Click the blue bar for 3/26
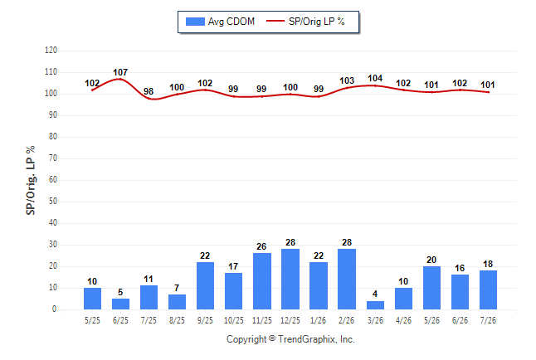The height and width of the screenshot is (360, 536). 375,305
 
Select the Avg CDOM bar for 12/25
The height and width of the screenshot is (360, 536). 290,279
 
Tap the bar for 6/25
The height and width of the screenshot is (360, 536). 120,304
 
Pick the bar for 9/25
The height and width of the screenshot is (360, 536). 206,285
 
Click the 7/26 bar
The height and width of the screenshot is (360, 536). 488,290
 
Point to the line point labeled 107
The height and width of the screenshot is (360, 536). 120,79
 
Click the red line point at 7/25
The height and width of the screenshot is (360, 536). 149,99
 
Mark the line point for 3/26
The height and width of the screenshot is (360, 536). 375,85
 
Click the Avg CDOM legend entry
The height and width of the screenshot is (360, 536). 220,22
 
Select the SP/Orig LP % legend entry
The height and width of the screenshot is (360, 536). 305,22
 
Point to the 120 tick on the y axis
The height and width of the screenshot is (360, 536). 51,51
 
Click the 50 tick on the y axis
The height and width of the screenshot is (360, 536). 53,201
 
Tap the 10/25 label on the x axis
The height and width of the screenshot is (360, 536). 234,320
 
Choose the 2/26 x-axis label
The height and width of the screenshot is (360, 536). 347,320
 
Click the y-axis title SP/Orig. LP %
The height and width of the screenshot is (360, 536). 31,180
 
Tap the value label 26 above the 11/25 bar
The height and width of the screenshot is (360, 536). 261,246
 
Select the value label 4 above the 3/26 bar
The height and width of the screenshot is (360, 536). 375,294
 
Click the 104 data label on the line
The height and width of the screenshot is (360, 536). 375,78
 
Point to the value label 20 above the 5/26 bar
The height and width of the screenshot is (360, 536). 431,260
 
